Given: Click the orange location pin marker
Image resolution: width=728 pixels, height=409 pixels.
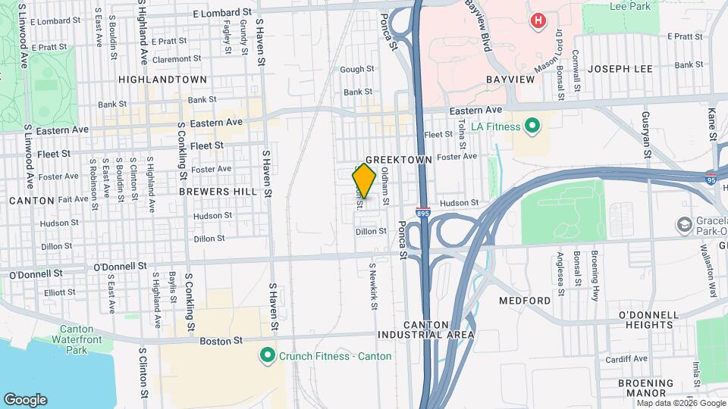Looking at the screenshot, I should pos(364,181).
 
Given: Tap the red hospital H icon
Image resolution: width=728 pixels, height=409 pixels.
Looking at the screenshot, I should pos(538,20).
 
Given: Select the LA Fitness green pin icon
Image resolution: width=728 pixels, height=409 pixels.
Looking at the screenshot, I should pos(532,126).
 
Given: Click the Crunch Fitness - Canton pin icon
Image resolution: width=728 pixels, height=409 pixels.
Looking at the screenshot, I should pos(267,355).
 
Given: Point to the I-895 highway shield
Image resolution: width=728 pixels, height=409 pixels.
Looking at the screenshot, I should pos(423,214).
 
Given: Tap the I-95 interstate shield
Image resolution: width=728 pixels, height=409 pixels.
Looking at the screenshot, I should pos(710,180).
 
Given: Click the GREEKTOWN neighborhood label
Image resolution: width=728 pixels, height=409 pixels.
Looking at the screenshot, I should pos(398,161).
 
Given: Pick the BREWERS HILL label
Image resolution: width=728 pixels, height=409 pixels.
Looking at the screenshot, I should pos(218,192).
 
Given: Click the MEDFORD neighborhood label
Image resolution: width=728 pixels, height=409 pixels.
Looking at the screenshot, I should pos(525,301).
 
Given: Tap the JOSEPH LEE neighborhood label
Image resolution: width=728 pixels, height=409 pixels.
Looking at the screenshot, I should pos(620,69).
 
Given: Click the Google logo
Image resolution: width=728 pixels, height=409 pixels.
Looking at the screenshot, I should pos(26,400).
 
